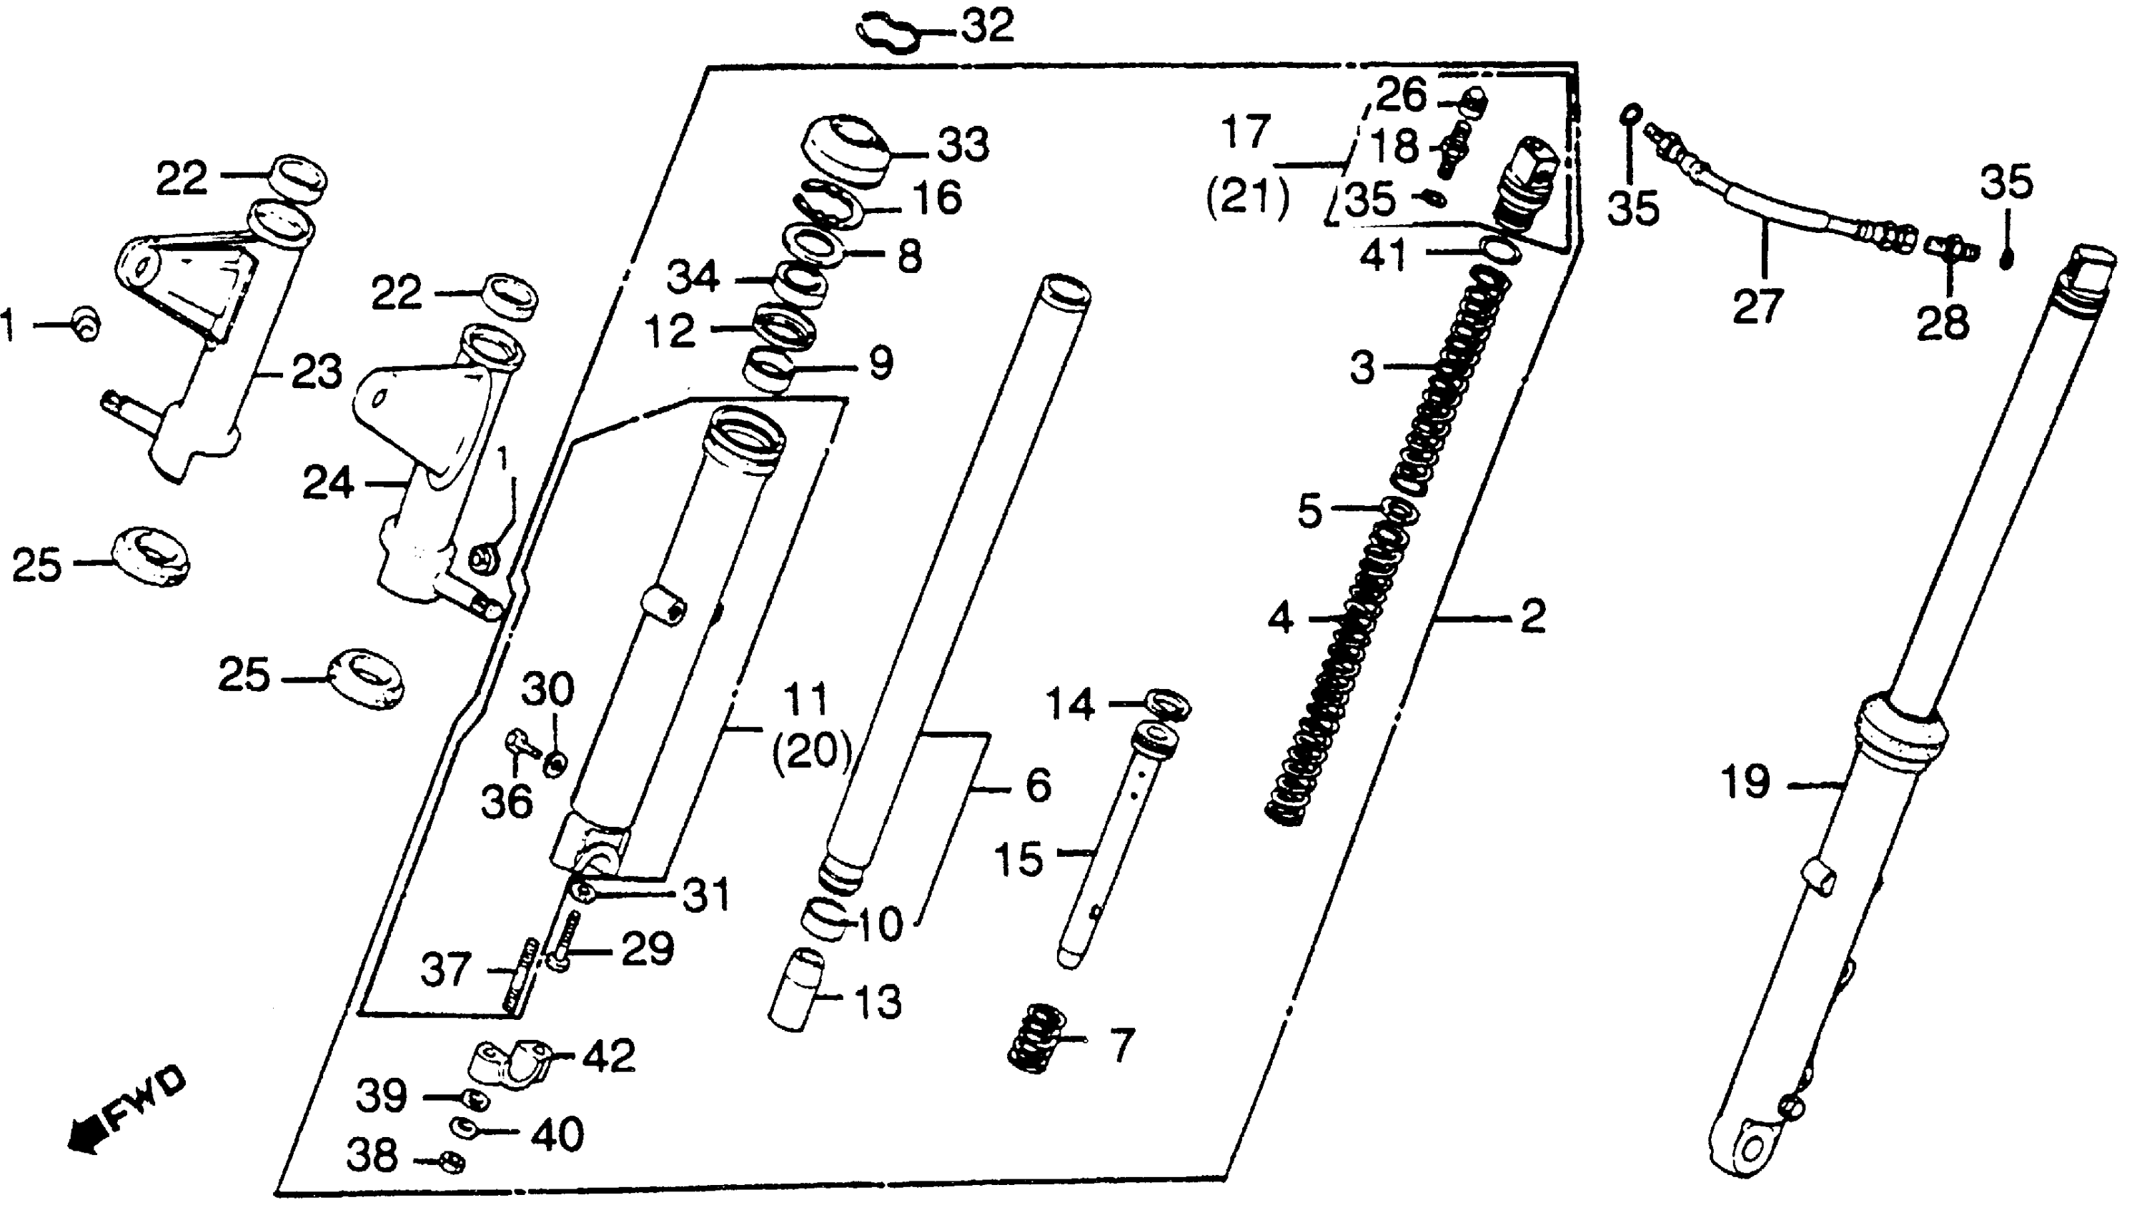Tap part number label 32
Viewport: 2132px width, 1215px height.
pos(987,26)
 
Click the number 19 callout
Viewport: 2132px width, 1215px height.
pos(1745,783)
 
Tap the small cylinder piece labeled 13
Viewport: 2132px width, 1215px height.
pos(796,991)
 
